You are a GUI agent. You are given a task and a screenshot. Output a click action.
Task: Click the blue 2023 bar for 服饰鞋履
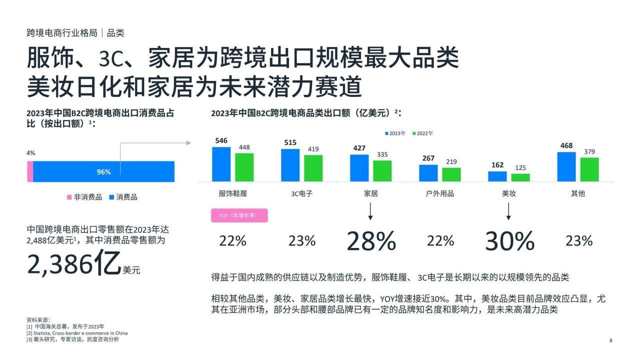[x=221, y=164]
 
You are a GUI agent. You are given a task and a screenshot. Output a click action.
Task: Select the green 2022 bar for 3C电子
[x=313, y=168]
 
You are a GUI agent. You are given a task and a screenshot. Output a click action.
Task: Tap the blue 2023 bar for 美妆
[x=497, y=176]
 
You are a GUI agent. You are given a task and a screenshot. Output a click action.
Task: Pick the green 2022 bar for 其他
[x=589, y=169]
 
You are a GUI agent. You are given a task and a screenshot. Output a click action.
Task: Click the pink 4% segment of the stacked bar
[x=30, y=171]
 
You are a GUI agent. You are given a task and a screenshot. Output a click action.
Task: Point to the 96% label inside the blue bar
[x=103, y=172]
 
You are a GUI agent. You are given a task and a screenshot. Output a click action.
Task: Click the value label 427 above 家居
[x=359, y=148]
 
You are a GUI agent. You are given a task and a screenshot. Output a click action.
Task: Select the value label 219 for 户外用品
[x=451, y=161]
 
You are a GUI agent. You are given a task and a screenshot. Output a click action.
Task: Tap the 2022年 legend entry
[x=423, y=133]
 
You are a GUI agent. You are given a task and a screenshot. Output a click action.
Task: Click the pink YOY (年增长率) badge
[x=240, y=215]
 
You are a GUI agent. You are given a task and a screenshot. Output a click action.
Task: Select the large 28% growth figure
[x=371, y=241]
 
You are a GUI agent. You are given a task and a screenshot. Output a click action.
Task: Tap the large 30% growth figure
[x=509, y=241]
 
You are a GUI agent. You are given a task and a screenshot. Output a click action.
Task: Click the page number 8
[x=610, y=340]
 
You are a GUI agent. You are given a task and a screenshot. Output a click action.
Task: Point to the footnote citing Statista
[x=77, y=333]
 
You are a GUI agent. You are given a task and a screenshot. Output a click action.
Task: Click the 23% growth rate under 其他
[x=578, y=241]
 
